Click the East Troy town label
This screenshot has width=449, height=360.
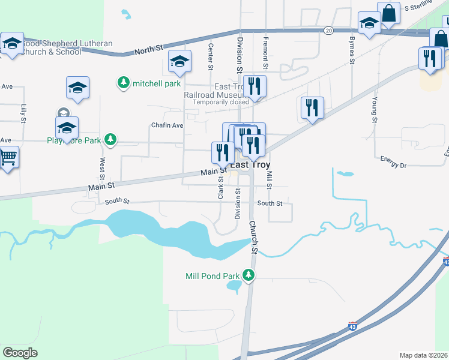(250, 164)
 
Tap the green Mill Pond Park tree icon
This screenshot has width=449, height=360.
(248, 276)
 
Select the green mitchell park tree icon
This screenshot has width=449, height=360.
(124, 82)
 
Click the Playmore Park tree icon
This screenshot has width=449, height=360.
(110, 140)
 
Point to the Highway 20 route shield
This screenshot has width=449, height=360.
(328, 29)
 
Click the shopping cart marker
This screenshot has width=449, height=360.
(7, 158)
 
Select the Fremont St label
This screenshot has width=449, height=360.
(265, 50)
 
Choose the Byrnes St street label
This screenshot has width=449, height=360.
(352, 50)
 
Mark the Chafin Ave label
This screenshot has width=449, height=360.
(166, 125)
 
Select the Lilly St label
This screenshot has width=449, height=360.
(23, 113)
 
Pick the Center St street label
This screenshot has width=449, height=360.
(211, 56)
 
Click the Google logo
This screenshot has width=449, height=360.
(20, 353)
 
